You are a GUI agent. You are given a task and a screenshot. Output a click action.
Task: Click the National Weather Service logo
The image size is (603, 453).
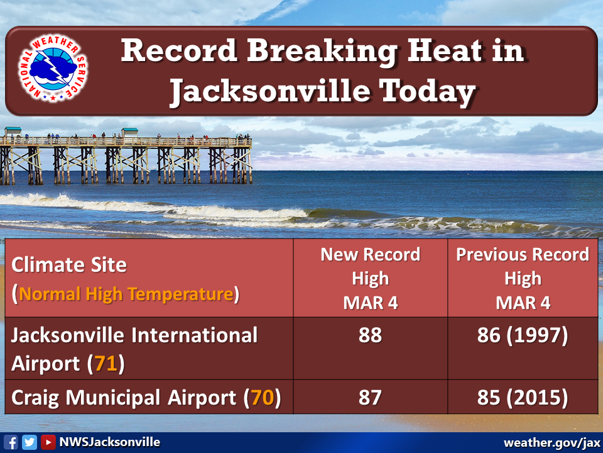pos(53,69)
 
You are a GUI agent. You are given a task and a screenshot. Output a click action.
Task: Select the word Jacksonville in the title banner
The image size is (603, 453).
pos(269,92)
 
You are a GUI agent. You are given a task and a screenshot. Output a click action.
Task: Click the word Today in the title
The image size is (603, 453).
pos(427,92)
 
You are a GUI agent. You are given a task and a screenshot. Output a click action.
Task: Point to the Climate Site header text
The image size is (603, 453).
pos(69,265)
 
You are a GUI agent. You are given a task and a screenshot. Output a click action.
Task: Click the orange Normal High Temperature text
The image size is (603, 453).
pos(126,294)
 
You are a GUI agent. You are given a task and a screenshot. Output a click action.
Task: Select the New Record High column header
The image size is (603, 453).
pos(371,279)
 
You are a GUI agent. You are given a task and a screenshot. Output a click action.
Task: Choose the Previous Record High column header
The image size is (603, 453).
pos(523,279)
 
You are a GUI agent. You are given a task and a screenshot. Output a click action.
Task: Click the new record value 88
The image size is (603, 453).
pos(370,335)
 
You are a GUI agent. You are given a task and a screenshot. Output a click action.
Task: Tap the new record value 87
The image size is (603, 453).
pos(370,398)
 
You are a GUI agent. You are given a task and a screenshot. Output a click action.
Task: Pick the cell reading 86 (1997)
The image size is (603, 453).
pos(523,335)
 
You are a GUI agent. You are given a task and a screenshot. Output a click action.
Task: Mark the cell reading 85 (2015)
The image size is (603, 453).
pos(523,398)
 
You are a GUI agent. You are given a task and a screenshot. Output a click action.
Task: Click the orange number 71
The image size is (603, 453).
pos(106,364)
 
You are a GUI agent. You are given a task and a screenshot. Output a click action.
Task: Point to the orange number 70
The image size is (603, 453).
pos(263,398)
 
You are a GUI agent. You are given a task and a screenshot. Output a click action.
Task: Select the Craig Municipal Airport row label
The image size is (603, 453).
pos(146,398)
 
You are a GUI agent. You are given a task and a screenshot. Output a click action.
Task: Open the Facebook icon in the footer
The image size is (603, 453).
pos(11,442)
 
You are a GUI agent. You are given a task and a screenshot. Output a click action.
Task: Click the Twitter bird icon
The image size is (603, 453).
pos(30,442)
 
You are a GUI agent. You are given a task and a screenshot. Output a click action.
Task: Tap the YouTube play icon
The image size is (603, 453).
pos(48,442)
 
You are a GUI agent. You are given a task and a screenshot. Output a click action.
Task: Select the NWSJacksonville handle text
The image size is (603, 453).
pos(109,442)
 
